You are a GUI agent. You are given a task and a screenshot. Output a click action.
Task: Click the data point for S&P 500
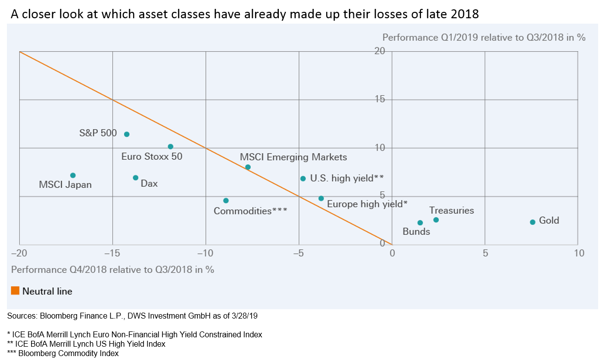[x=127, y=134]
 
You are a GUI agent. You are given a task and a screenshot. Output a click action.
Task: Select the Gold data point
[x=533, y=222]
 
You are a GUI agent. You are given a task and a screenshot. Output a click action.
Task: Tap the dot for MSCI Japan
[x=73, y=176]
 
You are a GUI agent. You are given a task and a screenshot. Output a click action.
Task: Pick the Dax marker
[x=136, y=178]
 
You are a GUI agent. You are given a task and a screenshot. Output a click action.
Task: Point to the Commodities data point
[x=226, y=201]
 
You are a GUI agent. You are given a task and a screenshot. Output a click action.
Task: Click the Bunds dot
[x=420, y=223]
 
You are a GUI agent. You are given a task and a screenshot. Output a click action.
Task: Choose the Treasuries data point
[x=436, y=220]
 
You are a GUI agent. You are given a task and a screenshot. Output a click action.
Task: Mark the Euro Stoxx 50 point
[x=171, y=146]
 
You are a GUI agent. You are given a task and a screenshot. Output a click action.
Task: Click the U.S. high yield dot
[x=303, y=179]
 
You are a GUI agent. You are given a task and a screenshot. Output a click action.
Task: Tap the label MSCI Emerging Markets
[x=294, y=157]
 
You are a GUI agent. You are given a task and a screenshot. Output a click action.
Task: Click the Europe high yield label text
[x=367, y=204]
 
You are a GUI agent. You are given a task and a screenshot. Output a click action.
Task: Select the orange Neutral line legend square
[x=15, y=291]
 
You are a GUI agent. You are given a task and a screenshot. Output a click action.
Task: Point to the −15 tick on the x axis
[x=113, y=253]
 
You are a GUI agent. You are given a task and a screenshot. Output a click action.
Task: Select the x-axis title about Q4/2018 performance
[x=113, y=269]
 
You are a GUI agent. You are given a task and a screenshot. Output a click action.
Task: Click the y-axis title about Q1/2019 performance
[x=484, y=37]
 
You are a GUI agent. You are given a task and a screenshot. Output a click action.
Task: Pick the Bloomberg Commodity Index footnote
[x=63, y=353]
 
